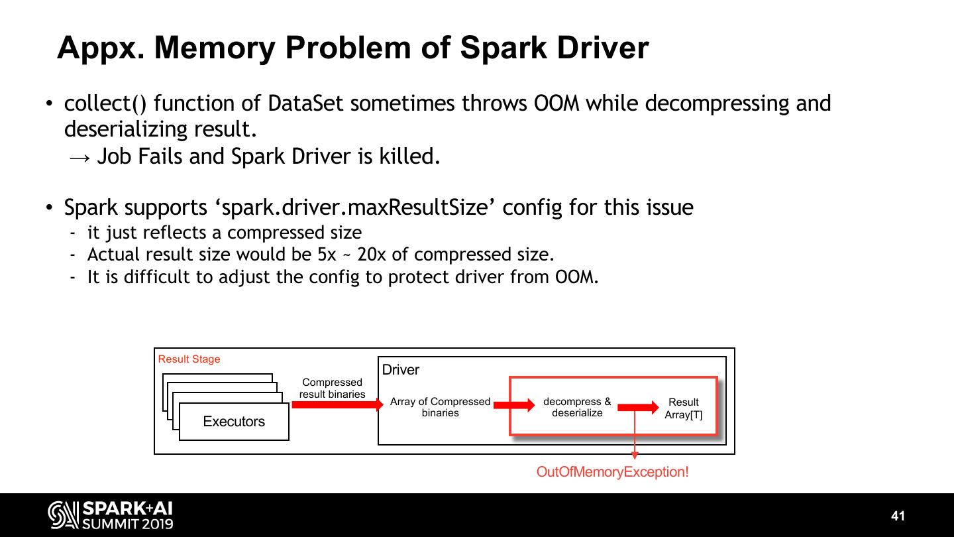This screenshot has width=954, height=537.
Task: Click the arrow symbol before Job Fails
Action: tap(79, 157)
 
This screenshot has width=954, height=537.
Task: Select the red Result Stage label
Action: tap(189, 359)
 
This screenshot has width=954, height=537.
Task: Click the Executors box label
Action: tap(234, 422)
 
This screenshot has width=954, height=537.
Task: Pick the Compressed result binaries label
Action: tap(332, 388)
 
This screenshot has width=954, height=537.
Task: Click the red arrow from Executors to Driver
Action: tap(337, 404)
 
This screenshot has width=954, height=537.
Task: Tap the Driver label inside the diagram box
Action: tap(400, 370)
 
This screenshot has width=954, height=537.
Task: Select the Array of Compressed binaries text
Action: tap(440, 407)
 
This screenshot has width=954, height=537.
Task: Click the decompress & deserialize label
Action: tap(577, 407)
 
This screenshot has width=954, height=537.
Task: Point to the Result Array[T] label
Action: tap(684, 408)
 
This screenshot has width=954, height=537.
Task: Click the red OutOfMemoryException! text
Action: tap(612, 472)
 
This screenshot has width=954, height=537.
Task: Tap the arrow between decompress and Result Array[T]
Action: tap(638, 407)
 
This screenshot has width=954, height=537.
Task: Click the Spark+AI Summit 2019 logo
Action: tap(111, 516)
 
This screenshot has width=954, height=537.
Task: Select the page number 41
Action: tap(898, 516)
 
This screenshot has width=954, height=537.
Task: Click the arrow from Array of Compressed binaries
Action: tap(514, 405)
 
